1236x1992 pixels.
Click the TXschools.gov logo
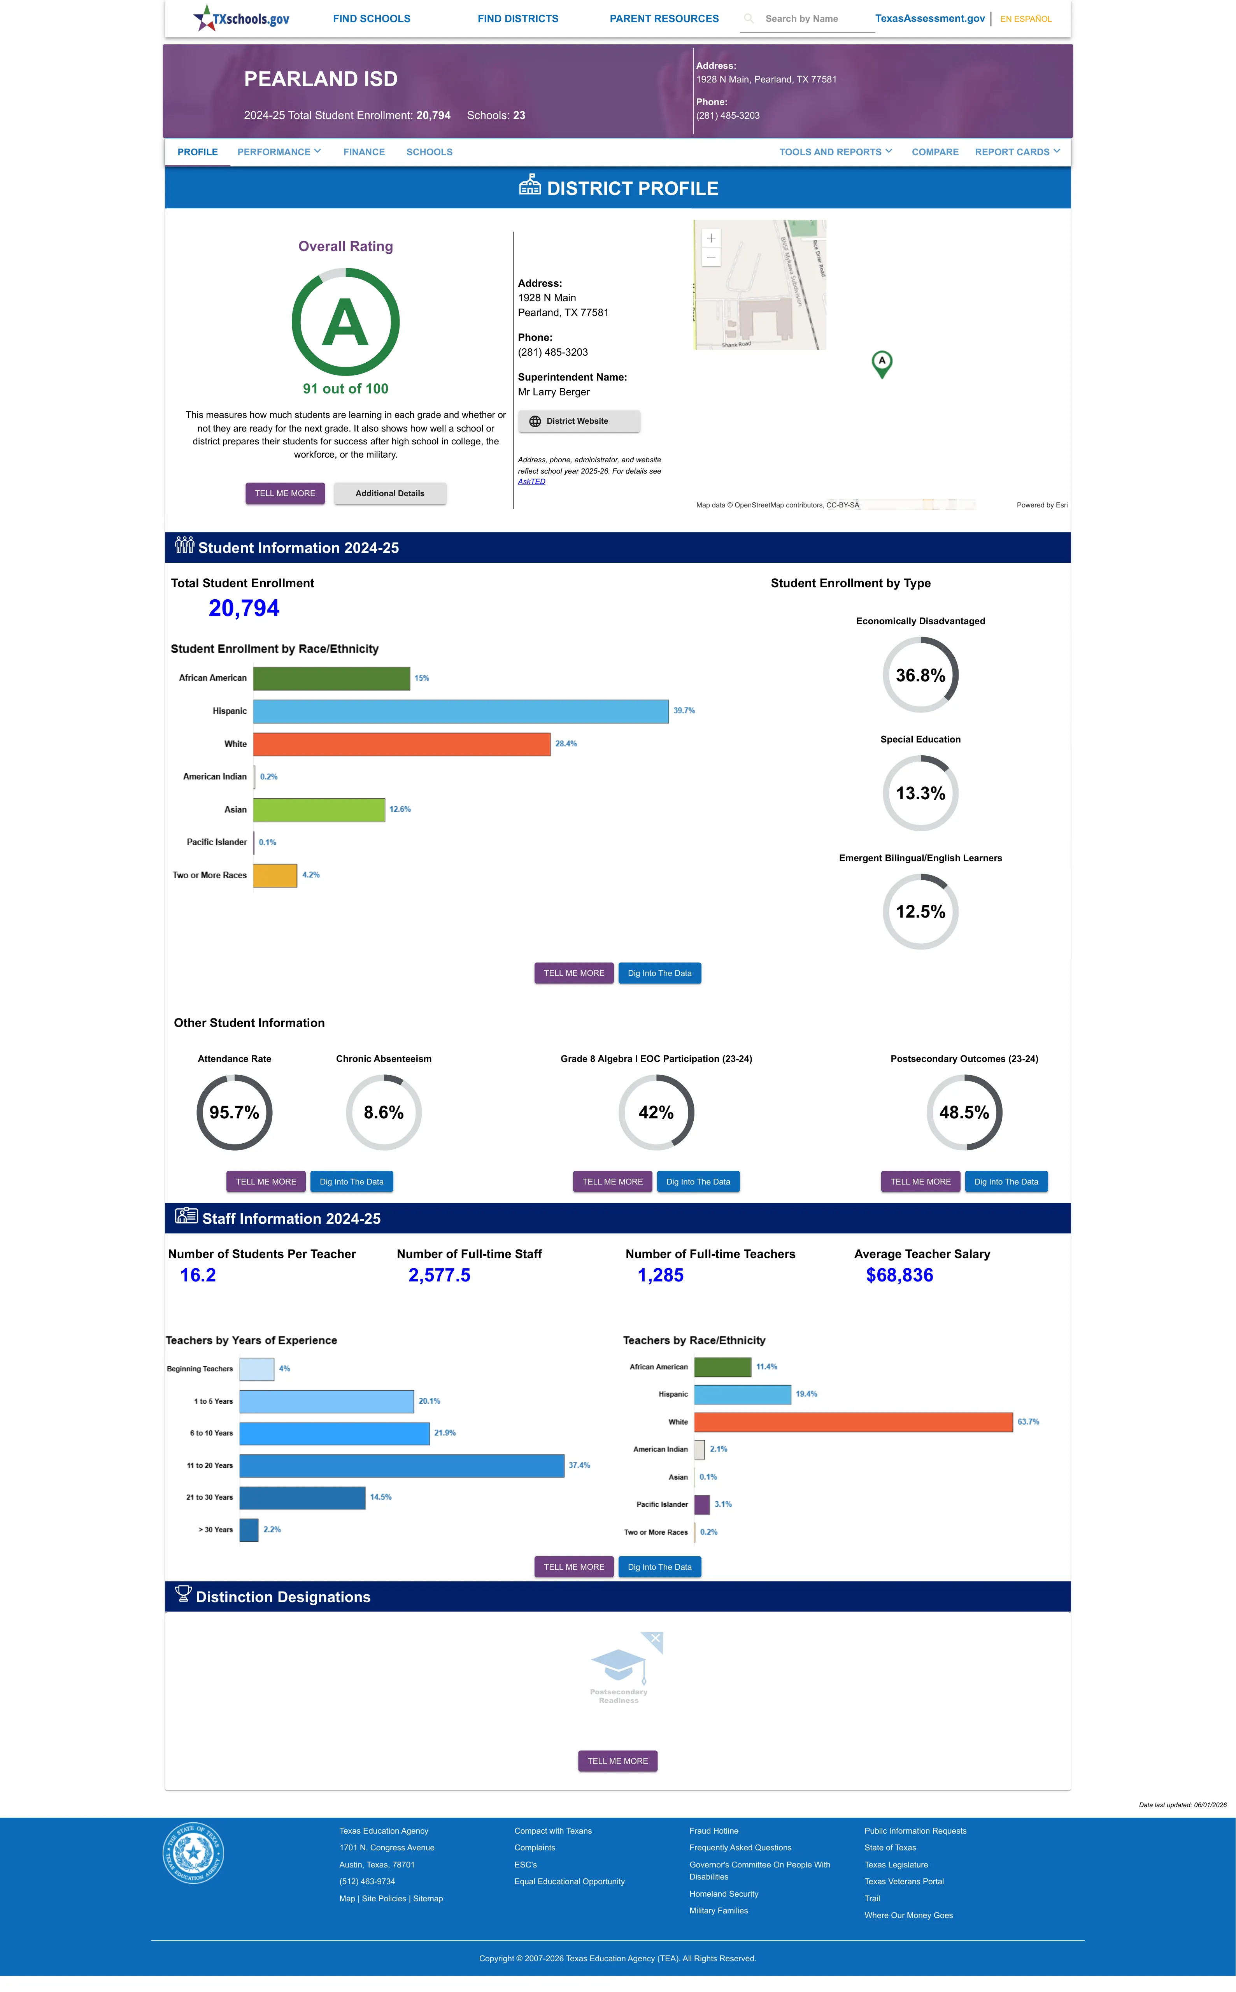coord(241,18)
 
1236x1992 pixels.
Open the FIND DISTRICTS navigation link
coord(517,19)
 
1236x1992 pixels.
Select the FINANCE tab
coord(364,152)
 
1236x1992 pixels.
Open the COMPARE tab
coord(934,152)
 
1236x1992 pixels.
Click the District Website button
coord(579,421)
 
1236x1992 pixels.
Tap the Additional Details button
coord(390,494)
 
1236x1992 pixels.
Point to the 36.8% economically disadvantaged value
coord(920,675)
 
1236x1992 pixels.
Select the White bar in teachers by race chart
coord(854,1422)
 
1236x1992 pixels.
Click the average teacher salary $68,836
coord(899,1275)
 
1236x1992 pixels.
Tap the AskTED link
coord(531,481)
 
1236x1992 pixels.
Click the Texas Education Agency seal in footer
coord(193,1852)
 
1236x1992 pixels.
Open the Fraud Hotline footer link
coord(714,1831)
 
